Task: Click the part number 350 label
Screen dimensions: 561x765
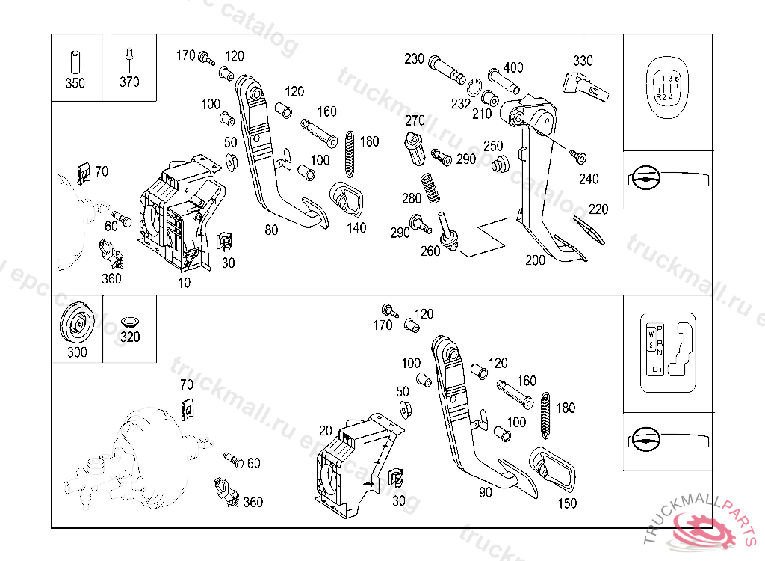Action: point(75,83)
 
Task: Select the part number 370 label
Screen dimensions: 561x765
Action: point(129,82)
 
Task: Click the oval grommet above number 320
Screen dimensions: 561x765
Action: point(129,321)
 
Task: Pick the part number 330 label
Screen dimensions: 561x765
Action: point(583,61)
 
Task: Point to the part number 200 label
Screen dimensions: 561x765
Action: point(535,260)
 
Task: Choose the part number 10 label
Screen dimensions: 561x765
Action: point(184,283)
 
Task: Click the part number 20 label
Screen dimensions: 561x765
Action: point(325,431)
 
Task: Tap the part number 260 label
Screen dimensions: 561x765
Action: point(430,251)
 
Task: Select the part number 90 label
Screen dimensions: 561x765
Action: point(486,493)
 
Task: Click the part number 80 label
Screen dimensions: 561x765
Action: point(272,230)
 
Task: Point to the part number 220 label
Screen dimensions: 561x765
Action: point(598,210)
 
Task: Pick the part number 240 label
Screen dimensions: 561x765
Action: point(589,180)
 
